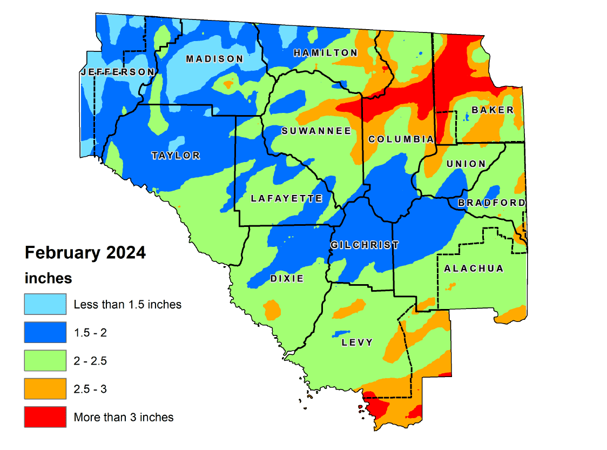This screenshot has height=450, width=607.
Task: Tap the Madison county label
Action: [x=214, y=59]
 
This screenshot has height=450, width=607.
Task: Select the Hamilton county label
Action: [x=325, y=52]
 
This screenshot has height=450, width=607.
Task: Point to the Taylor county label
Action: [x=176, y=156]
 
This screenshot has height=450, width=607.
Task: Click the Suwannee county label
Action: [x=316, y=131]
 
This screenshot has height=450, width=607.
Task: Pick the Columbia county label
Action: [x=401, y=139]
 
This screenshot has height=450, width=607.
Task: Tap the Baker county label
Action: [x=493, y=110]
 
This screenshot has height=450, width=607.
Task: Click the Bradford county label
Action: [x=491, y=203]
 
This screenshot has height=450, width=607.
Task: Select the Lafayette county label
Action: [x=286, y=199]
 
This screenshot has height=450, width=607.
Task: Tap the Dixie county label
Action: [x=286, y=279]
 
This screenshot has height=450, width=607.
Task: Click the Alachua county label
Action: [x=473, y=268]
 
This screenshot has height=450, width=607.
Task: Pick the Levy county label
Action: [x=357, y=342]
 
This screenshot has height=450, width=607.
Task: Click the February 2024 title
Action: [x=85, y=252]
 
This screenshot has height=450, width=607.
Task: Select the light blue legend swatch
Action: [x=45, y=304]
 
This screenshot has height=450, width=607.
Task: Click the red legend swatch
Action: [x=45, y=417]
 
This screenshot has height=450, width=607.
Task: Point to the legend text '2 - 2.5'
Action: [x=90, y=361]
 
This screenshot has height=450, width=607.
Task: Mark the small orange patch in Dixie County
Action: [x=272, y=310]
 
